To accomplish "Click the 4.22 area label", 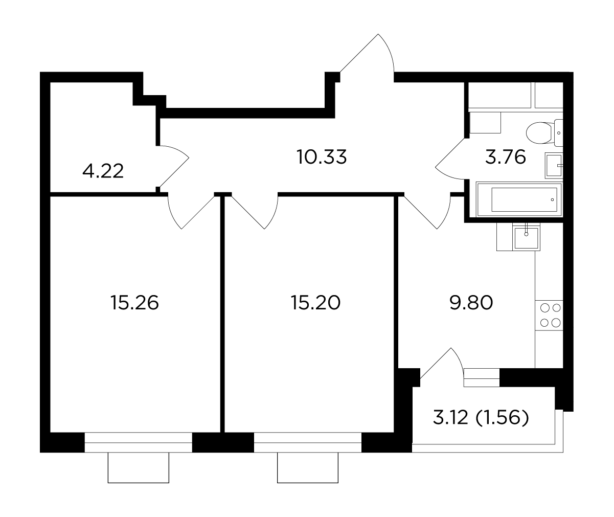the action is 103,171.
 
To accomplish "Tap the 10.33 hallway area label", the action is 322,157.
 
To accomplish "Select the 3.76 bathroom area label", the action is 506,157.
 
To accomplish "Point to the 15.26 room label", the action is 134,303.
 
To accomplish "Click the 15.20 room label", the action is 315,303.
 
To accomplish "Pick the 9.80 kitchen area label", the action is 471,303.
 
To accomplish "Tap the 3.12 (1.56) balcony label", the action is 481,418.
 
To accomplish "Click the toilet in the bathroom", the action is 544,133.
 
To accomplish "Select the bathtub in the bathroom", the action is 519,199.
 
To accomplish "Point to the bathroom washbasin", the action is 554,166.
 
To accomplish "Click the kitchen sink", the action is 526,237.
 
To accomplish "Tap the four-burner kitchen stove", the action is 549,316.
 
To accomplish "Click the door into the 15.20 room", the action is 255,211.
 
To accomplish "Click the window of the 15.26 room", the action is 138,442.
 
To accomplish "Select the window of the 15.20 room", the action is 308,442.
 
